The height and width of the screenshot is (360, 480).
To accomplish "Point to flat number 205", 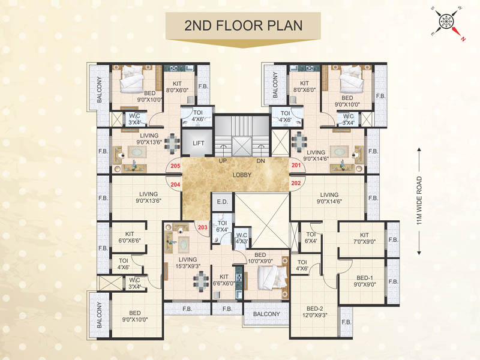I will pyautogui.click(x=175, y=166).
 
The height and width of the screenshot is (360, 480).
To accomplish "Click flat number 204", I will pyautogui.click(x=175, y=185).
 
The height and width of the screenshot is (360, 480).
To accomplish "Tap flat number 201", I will pyautogui.click(x=296, y=166).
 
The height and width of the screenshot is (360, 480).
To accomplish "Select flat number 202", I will pyautogui.click(x=296, y=182).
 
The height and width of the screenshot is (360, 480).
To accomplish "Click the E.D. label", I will pyautogui.click(x=221, y=202).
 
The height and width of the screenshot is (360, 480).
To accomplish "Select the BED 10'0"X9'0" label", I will pyautogui.click(x=260, y=257).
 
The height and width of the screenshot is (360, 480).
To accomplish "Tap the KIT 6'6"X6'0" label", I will pyautogui.click(x=224, y=280).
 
